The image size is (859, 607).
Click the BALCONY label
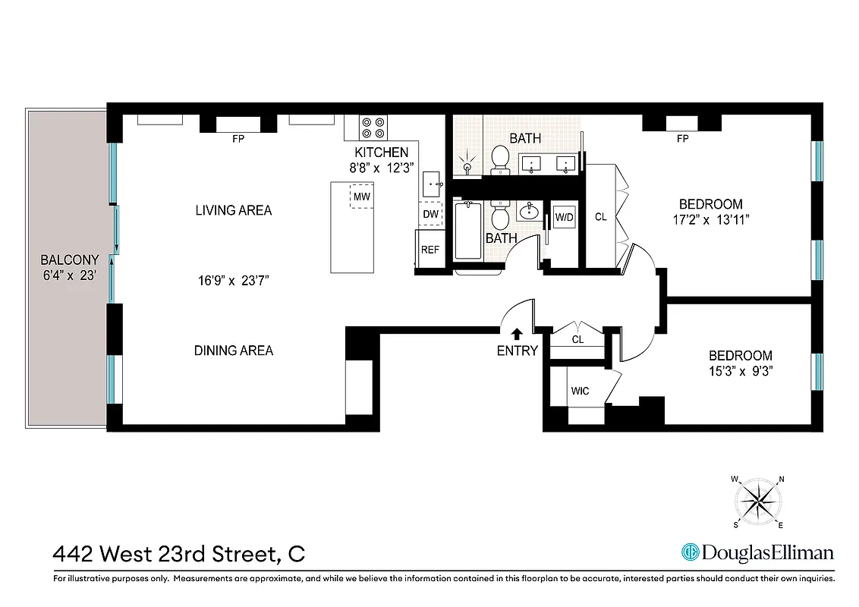tap(70, 259)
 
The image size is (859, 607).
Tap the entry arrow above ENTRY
tap(517, 333)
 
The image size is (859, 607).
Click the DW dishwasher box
tap(430, 215)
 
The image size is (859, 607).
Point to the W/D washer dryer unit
tap(564, 217)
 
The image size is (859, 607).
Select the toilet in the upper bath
tap(499, 159)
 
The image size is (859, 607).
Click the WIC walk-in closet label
tap(580, 391)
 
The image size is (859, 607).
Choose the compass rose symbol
tap(759, 502)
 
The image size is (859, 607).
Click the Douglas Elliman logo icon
tap(691, 552)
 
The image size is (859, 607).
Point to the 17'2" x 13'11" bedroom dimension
tap(710, 220)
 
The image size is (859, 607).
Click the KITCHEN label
tap(381, 153)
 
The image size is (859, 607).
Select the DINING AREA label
tap(234, 351)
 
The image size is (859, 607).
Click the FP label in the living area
tap(238, 139)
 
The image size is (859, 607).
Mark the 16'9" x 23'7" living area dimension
tap(233, 281)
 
